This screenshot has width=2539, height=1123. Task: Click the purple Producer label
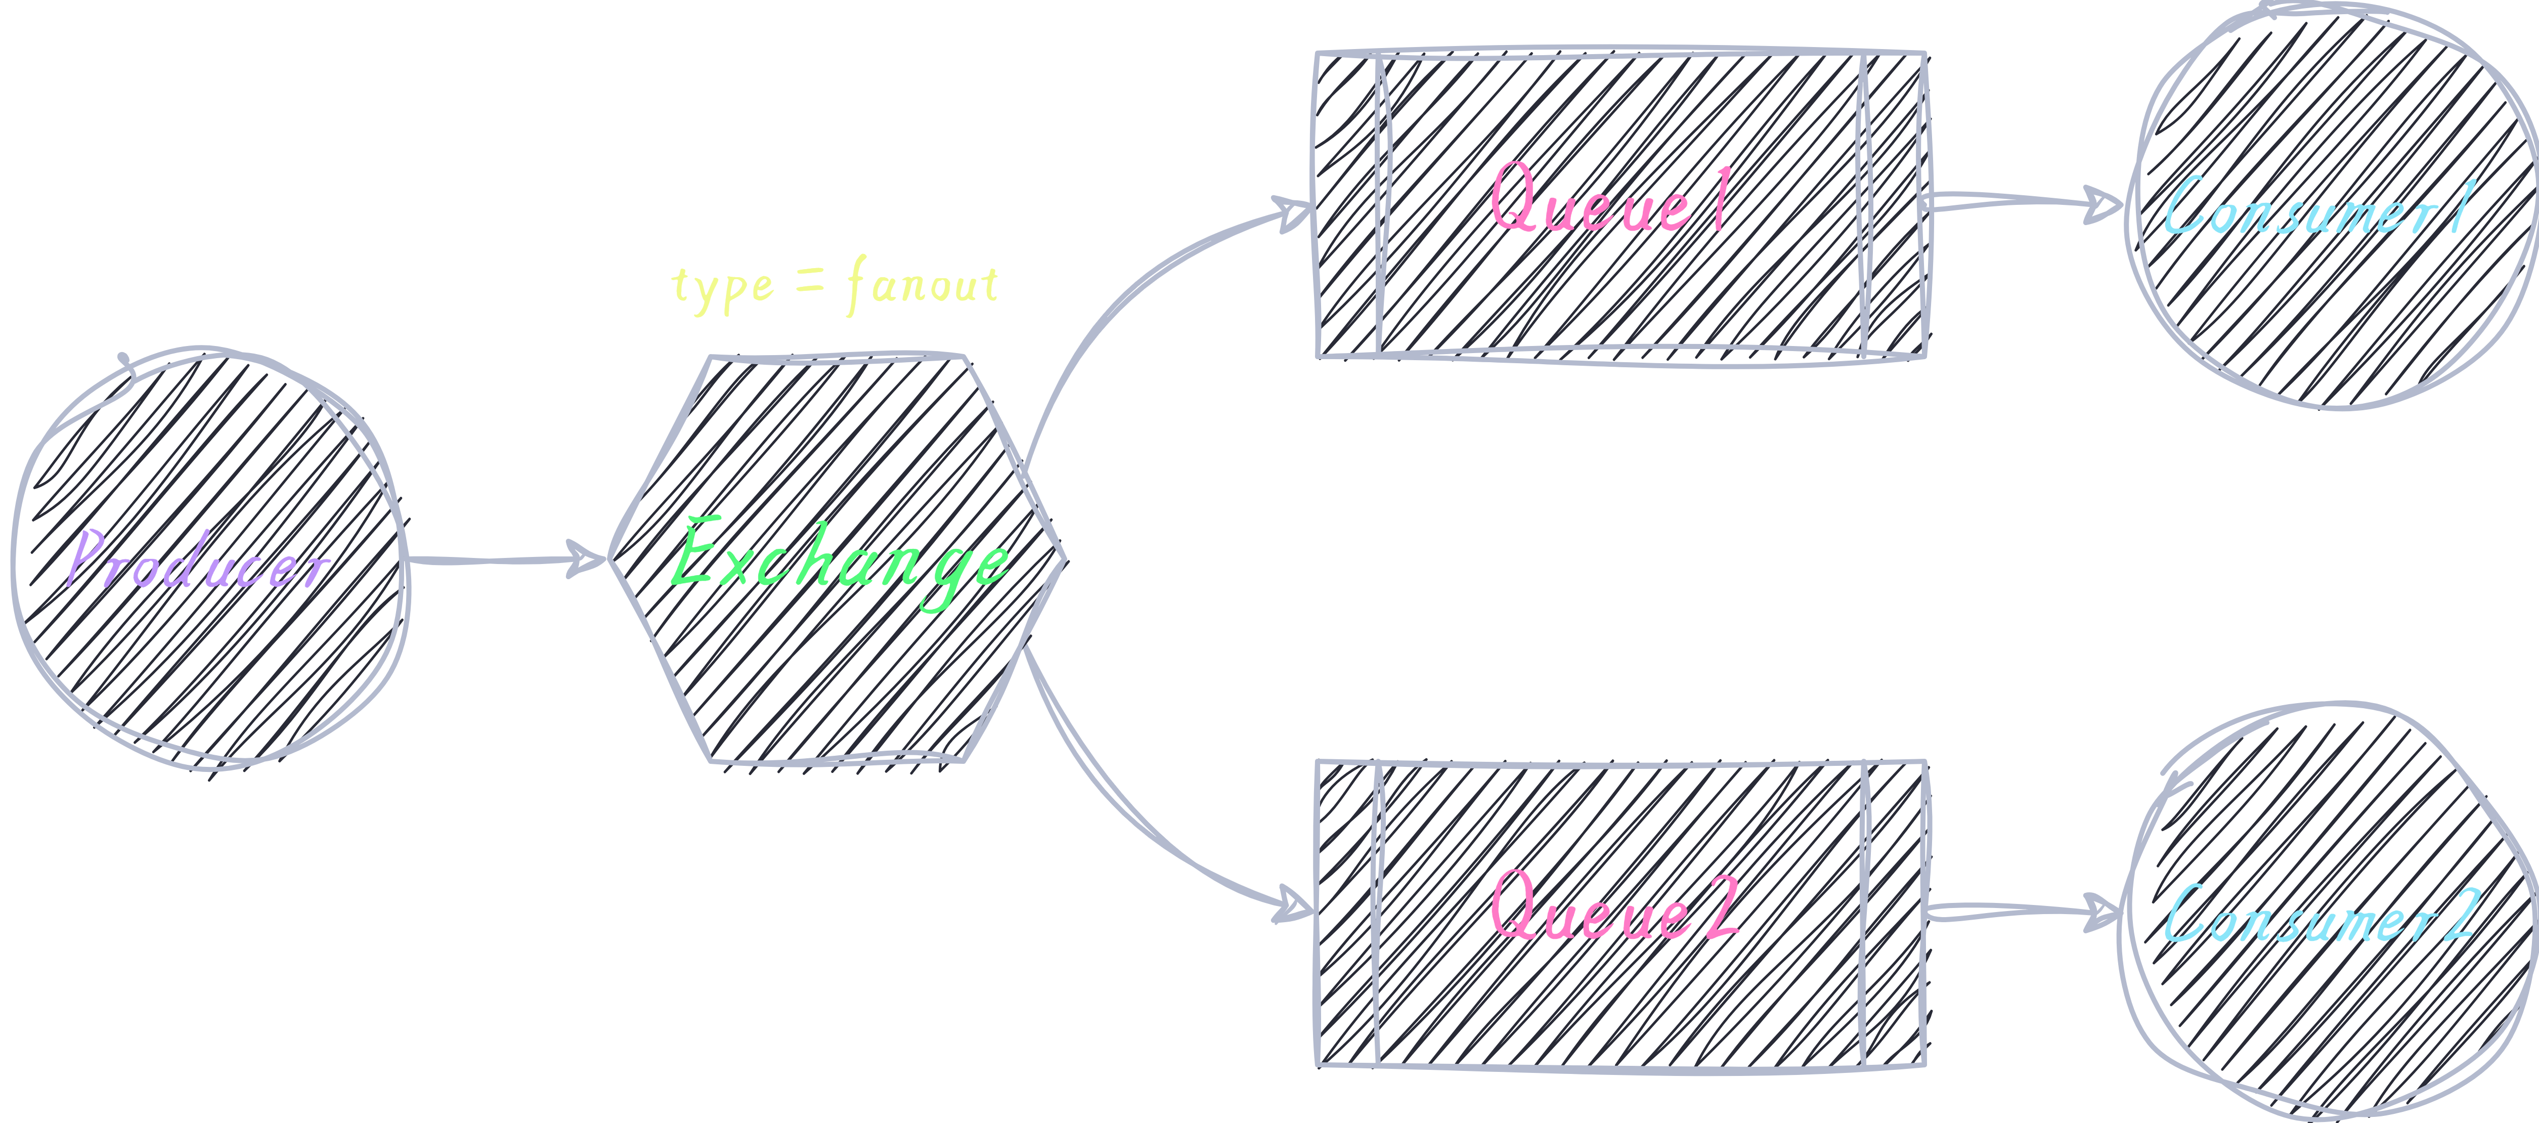197,559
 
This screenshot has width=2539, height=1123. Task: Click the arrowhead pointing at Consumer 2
2103,912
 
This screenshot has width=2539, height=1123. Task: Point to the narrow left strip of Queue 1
1348,204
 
